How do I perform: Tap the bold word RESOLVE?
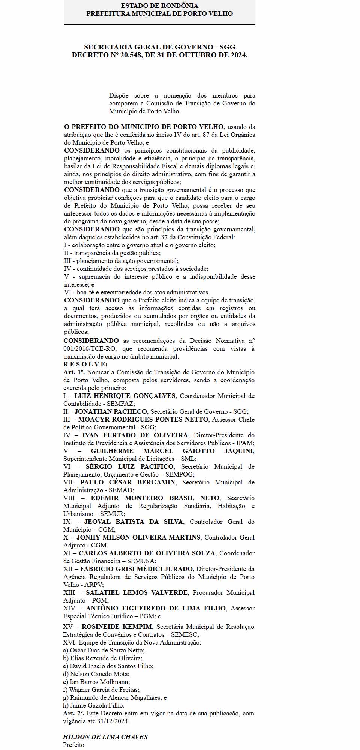[85, 364]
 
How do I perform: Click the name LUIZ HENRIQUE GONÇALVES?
[125, 396]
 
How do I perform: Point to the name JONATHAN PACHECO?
[111, 411]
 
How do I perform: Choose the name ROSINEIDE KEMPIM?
[117, 627]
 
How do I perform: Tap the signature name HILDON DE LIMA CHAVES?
[105, 737]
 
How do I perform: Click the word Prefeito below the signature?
[73, 745]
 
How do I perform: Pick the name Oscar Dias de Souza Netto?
[106, 650]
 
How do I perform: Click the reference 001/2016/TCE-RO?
[90, 348]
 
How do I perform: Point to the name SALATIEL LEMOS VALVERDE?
[137, 592]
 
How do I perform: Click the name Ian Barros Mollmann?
[99, 682]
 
